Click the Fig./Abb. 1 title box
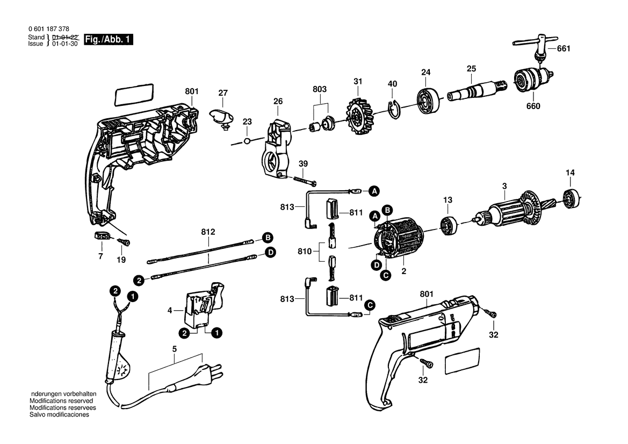[x=108, y=39]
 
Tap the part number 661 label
[x=564, y=48]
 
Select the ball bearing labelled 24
[x=427, y=100]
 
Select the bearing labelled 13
[x=449, y=226]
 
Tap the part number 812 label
[x=208, y=232]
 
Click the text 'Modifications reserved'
[x=61, y=400]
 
